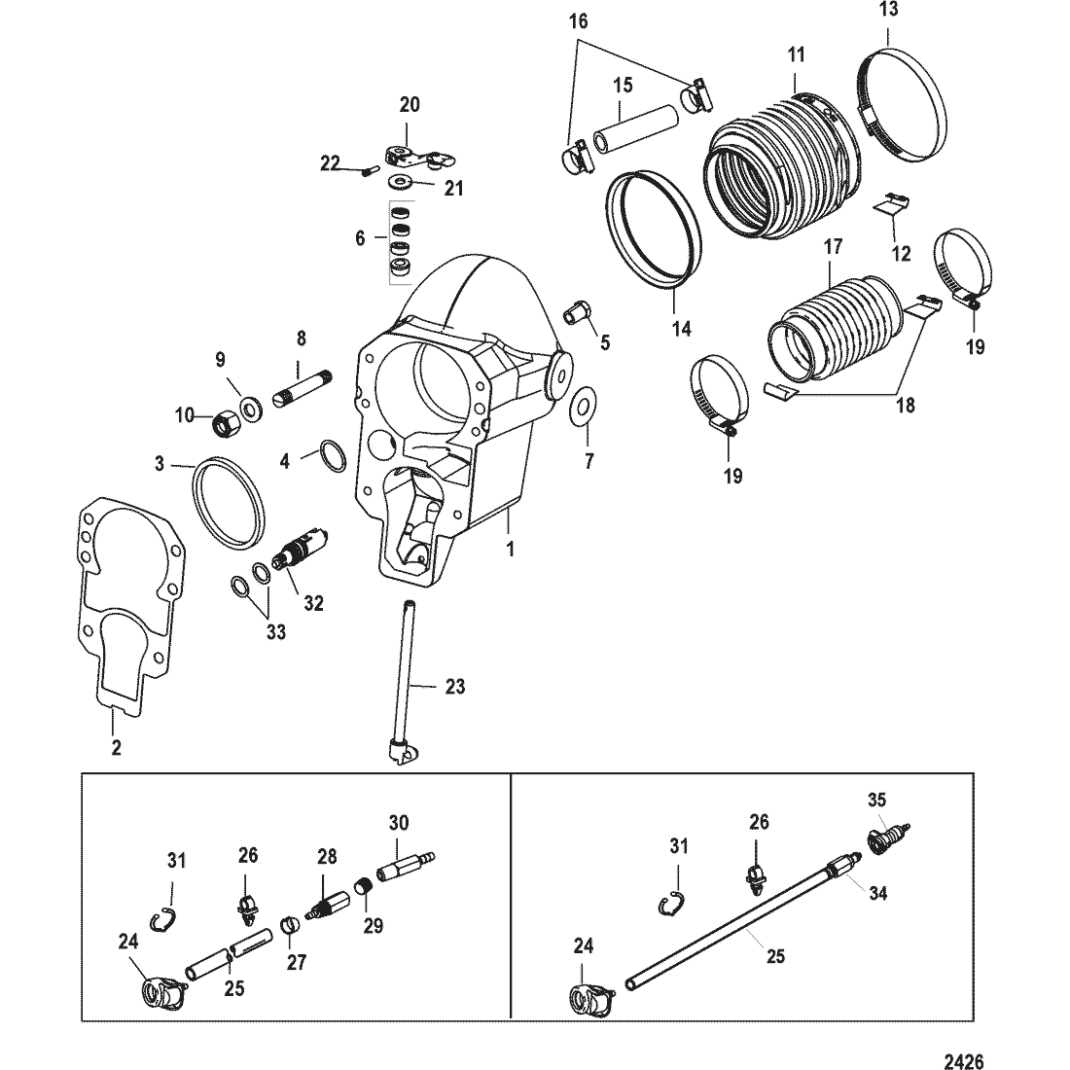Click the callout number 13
pos(889,9)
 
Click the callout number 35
pos(877,800)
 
